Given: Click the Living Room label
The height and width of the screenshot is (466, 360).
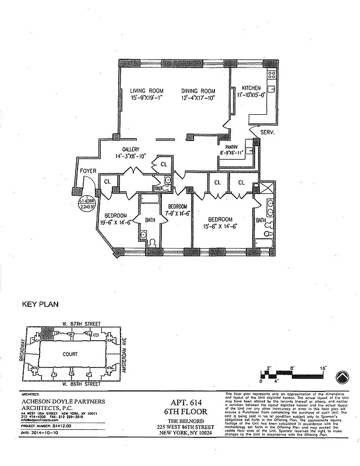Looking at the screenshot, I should [x=146, y=91].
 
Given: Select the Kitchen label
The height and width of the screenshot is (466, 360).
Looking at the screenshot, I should [x=250, y=88].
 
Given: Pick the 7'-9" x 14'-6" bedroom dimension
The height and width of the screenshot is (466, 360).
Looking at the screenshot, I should [x=177, y=214].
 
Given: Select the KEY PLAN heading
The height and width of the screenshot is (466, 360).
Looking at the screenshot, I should [x=40, y=304].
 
